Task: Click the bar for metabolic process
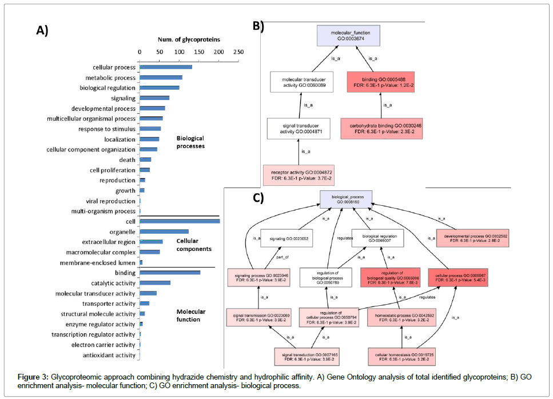point(161,78)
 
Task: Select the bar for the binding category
point(170,273)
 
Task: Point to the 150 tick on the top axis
point(198,51)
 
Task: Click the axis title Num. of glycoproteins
point(189,39)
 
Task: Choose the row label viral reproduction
point(110,201)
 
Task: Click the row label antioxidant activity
point(109,355)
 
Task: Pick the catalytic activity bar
point(155,283)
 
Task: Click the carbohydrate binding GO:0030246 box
point(376,127)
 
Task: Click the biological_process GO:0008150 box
point(346,198)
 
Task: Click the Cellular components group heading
point(193,245)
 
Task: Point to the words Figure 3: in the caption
point(33,377)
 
